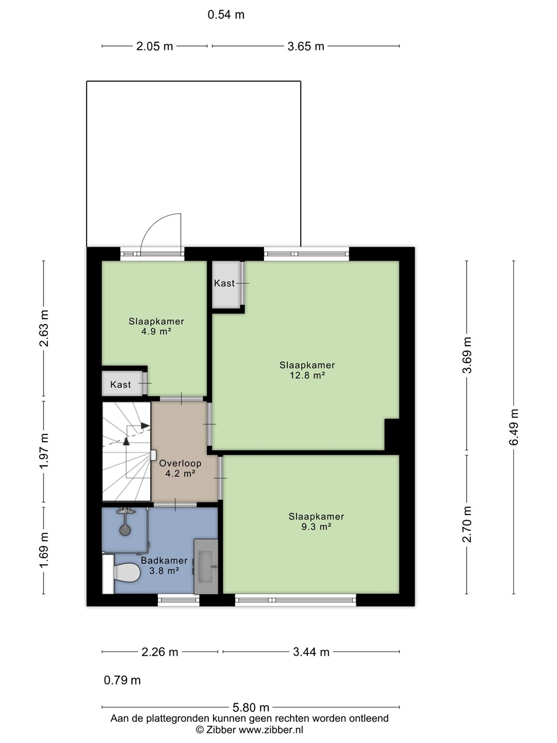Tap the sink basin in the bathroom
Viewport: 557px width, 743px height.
[205, 567]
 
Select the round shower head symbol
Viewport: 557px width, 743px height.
[125, 530]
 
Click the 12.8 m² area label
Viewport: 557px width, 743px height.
[307, 375]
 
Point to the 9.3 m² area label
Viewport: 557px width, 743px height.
[316, 526]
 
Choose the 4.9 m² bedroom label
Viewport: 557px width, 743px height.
[156, 331]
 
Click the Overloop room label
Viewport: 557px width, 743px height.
[181, 463]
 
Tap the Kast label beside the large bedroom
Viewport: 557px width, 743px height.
[224, 283]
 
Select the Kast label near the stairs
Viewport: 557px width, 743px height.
[120, 384]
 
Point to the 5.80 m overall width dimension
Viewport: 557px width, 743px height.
[251, 707]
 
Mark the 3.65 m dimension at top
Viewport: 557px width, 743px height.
[306, 46]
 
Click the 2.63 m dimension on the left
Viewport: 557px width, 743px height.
[44, 328]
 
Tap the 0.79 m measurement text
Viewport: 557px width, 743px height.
[122, 680]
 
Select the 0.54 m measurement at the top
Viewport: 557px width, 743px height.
[226, 15]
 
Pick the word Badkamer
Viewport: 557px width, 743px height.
[164, 560]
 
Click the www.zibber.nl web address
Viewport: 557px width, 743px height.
[271, 729]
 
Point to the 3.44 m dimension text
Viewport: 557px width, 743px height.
[311, 652]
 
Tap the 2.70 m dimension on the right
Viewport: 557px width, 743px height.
[467, 524]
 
